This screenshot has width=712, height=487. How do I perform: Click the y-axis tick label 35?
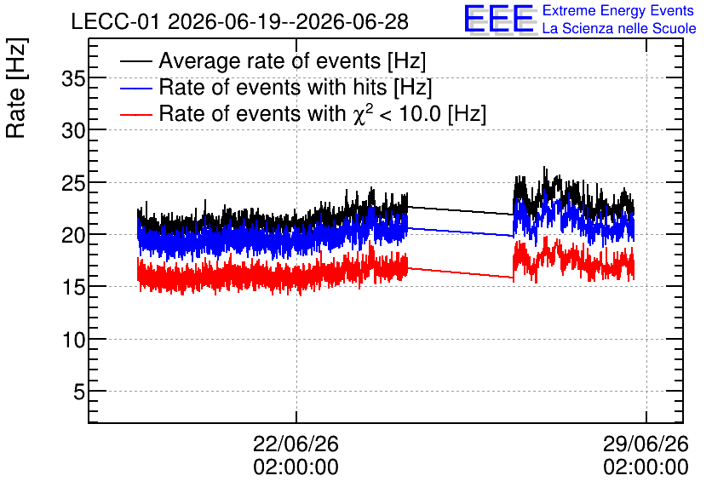(x=73, y=79)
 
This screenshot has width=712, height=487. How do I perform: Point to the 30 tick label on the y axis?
(x=73, y=132)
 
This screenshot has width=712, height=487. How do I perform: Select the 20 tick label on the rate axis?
(x=73, y=236)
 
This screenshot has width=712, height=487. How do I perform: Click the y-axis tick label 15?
(x=73, y=288)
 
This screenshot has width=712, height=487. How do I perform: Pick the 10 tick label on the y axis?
(x=73, y=340)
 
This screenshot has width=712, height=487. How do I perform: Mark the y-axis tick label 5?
(x=79, y=392)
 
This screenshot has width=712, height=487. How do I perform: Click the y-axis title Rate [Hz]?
(x=16, y=88)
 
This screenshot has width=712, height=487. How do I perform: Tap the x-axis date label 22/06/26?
(x=296, y=444)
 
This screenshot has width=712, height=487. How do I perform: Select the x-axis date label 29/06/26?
(x=646, y=444)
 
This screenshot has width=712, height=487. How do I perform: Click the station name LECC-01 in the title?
(x=115, y=22)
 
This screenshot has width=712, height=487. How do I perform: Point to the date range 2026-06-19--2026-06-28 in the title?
(x=289, y=22)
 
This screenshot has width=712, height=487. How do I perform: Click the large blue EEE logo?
(x=499, y=20)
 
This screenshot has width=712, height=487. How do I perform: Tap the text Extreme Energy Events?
(x=618, y=10)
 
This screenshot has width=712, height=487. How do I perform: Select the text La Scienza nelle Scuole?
(x=619, y=28)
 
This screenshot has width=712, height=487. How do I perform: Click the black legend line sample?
(x=136, y=61)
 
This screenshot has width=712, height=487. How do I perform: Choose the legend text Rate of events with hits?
(x=273, y=87)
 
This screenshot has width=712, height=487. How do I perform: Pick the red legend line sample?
(x=136, y=114)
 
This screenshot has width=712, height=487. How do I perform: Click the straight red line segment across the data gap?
(x=461, y=272)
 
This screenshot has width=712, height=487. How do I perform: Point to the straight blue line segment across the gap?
(x=461, y=232)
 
